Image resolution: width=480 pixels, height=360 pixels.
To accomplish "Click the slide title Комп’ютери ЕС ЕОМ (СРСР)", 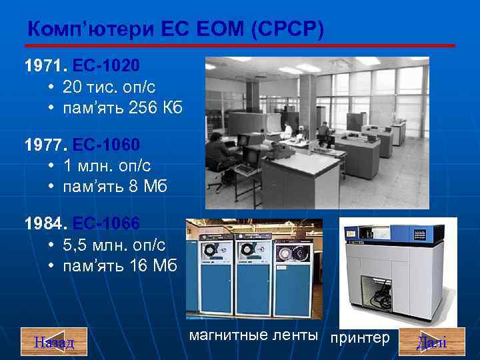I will pyautogui.click(x=175, y=29).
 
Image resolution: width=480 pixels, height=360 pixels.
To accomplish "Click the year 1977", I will pyautogui.click(x=44, y=145).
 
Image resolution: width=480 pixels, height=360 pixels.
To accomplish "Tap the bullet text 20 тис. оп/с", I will pyautogui.click(x=109, y=87).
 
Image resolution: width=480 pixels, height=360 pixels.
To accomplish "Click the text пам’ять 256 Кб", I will pyautogui.click(x=123, y=108).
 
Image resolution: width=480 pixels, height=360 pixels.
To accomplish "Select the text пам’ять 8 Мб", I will pyautogui.click(x=115, y=187).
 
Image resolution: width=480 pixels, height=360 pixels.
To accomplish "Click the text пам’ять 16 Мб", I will pyautogui.click(x=120, y=266).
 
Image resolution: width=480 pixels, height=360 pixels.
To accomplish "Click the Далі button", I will pyautogui.click(x=431, y=341).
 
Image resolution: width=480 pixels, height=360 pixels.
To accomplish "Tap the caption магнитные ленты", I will pyautogui.click(x=253, y=336).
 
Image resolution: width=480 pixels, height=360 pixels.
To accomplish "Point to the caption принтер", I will pyautogui.click(x=361, y=338).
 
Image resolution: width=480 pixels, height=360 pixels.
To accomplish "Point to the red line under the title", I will pyautogui.click(x=240, y=45).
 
